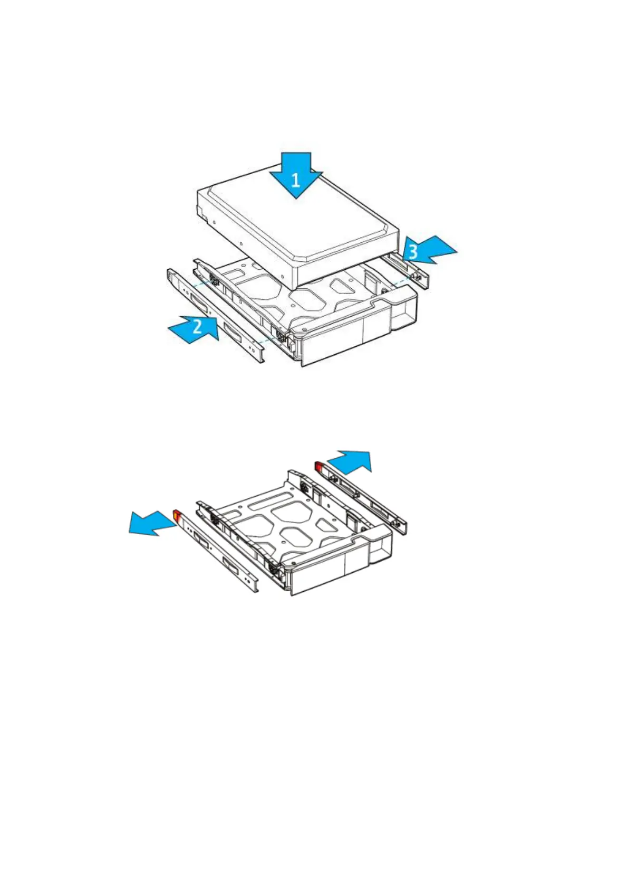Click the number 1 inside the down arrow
296,180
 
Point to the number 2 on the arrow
197,326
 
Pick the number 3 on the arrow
413,252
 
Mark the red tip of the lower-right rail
320,467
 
